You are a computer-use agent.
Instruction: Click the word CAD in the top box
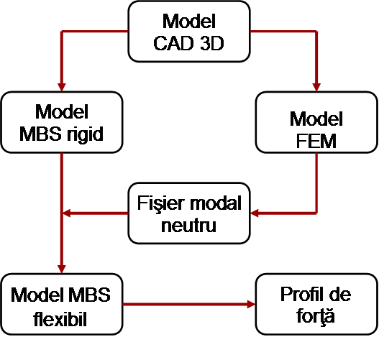pos(174,43)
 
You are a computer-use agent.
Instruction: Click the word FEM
pos(316,142)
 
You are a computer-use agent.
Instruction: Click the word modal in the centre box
pos(216,203)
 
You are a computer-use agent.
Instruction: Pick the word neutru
pos(188,226)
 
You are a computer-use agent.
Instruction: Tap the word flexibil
pos(60,319)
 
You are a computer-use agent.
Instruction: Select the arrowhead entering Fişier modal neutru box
pos(255,213)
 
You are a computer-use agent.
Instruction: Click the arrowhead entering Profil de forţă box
pos(252,304)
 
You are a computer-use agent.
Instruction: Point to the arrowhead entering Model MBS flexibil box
pos(62,269)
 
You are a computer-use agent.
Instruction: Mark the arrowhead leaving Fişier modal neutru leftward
pos(66,213)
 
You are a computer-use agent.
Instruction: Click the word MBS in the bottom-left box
pos(89,295)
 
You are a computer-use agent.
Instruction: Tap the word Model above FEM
pos(316,119)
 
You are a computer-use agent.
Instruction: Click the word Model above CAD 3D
pos(188,22)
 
